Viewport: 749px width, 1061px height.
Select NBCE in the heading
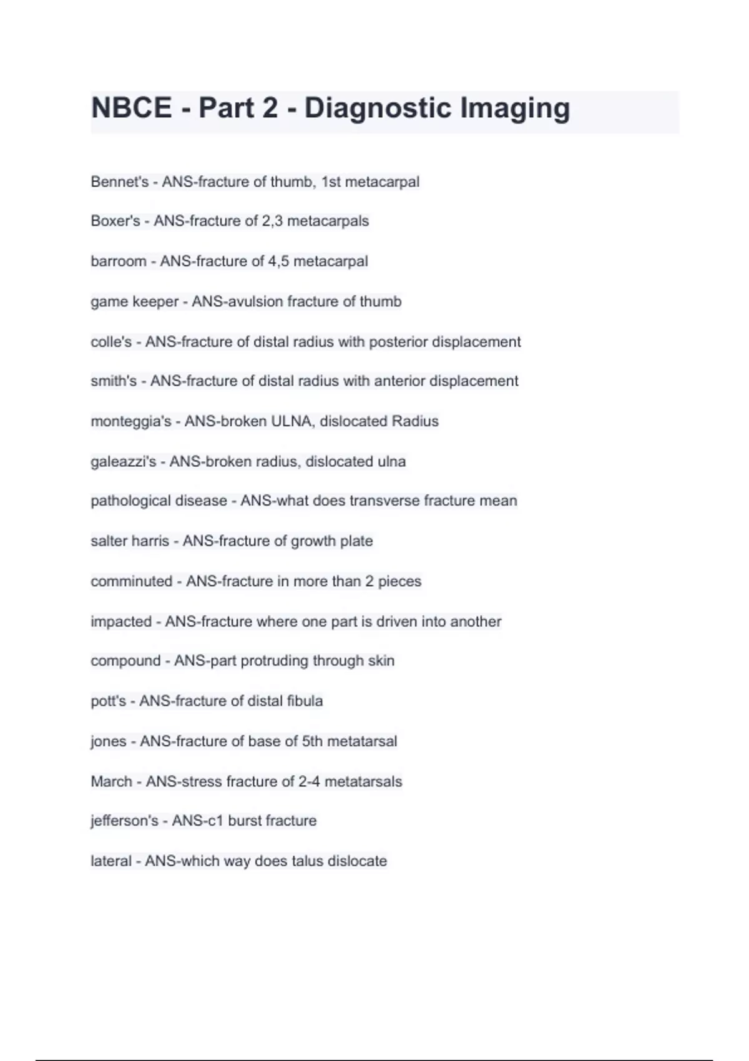tap(131, 109)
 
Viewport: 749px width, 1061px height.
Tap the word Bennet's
tap(119, 182)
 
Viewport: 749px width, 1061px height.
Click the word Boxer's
tap(115, 222)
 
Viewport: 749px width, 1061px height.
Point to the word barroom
tap(118, 262)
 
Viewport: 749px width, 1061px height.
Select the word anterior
tap(400, 381)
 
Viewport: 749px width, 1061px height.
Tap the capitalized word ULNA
tap(291, 421)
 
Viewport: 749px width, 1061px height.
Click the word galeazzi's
tap(123, 462)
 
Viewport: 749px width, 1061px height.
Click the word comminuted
tap(131, 582)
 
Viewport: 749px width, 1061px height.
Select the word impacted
tap(121, 622)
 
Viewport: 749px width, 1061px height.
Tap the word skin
tap(381, 661)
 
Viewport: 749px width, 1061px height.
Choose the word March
tap(111, 781)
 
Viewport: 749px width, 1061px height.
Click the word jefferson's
tap(124, 821)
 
